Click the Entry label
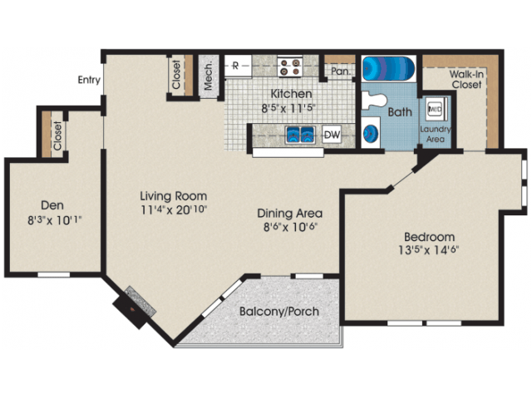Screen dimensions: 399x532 [89, 81]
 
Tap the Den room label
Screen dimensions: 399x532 [53, 204]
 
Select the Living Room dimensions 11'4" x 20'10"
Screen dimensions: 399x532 [173, 209]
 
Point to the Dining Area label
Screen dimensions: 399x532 [290, 212]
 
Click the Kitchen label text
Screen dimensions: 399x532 [291, 94]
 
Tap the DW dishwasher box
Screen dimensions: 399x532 [332, 134]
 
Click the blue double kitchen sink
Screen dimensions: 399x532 [299, 134]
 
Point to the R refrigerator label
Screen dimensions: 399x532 [235, 65]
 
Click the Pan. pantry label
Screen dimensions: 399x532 [339, 71]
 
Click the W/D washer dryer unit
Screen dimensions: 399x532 [435, 109]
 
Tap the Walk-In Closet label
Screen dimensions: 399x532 [466, 78]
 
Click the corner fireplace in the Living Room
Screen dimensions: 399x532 [133, 305]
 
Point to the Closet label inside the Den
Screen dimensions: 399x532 [57, 136]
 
